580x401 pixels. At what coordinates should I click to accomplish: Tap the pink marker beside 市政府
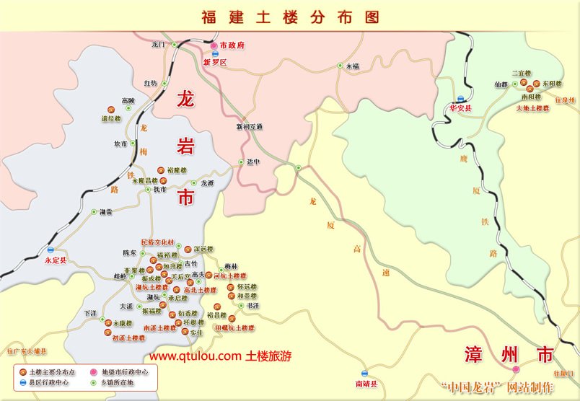pos(215,45)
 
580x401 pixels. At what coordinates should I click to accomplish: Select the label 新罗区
pos(215,63)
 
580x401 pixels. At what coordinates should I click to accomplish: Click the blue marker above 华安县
pos(460,99)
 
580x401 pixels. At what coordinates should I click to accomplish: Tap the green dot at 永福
pos(340,66)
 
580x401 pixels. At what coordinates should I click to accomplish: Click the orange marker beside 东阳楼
pos(537,84)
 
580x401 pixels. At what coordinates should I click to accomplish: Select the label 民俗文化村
pos(157,242)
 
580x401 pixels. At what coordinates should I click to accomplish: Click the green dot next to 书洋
pos(241,306)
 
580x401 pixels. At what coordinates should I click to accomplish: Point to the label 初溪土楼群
pos(129,338)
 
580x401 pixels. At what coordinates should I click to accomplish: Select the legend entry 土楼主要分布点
pos(50,372)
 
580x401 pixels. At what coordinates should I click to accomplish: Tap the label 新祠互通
pos(250,127)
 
